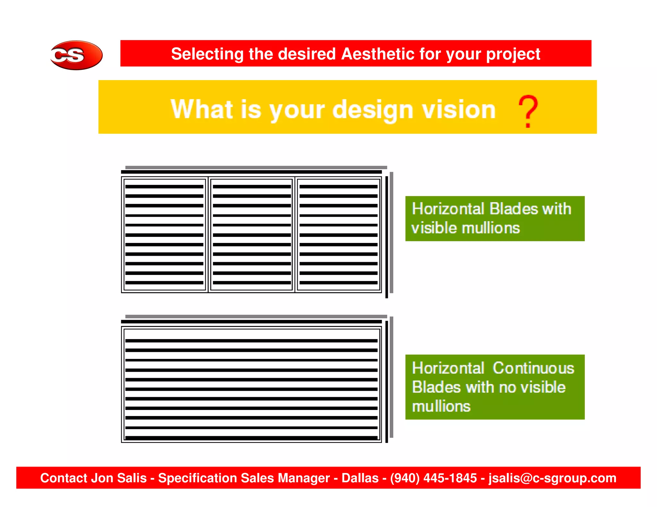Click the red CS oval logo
click(76, 55)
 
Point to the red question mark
click(528, 111)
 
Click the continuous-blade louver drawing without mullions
click(251, 385)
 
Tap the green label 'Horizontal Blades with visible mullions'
click(495, 219)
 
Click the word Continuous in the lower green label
click(533, 368)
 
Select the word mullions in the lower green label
click(441, 406)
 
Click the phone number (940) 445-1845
click(433, 478)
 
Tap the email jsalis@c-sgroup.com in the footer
click(552, 478)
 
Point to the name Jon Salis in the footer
click(119, 478)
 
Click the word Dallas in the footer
click(360, 478)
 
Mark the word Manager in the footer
click(303, 478)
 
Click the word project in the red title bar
click(513, 54)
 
